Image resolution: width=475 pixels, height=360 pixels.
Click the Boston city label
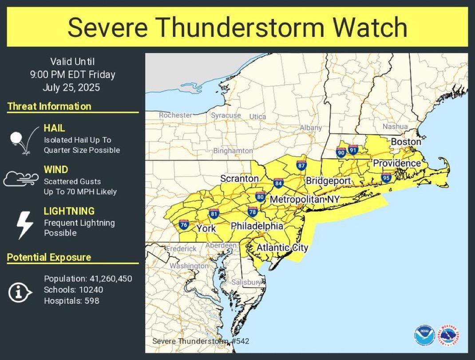406,142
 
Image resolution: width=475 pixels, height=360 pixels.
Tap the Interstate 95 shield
386,178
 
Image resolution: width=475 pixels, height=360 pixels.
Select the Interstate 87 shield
301,166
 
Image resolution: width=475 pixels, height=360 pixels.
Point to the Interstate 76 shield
184,225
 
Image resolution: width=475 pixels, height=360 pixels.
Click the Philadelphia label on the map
257,226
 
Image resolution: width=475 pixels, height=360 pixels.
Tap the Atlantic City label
282,247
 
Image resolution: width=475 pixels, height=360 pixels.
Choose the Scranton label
239,178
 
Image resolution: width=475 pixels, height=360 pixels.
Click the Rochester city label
175,115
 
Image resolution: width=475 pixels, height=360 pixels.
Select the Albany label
311,127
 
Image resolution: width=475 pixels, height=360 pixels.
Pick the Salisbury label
246,282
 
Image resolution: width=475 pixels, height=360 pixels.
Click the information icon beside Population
20,292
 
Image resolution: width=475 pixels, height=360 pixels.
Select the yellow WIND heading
56,170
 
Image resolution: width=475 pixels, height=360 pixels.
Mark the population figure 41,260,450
110,279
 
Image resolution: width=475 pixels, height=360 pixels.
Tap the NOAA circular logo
423,335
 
